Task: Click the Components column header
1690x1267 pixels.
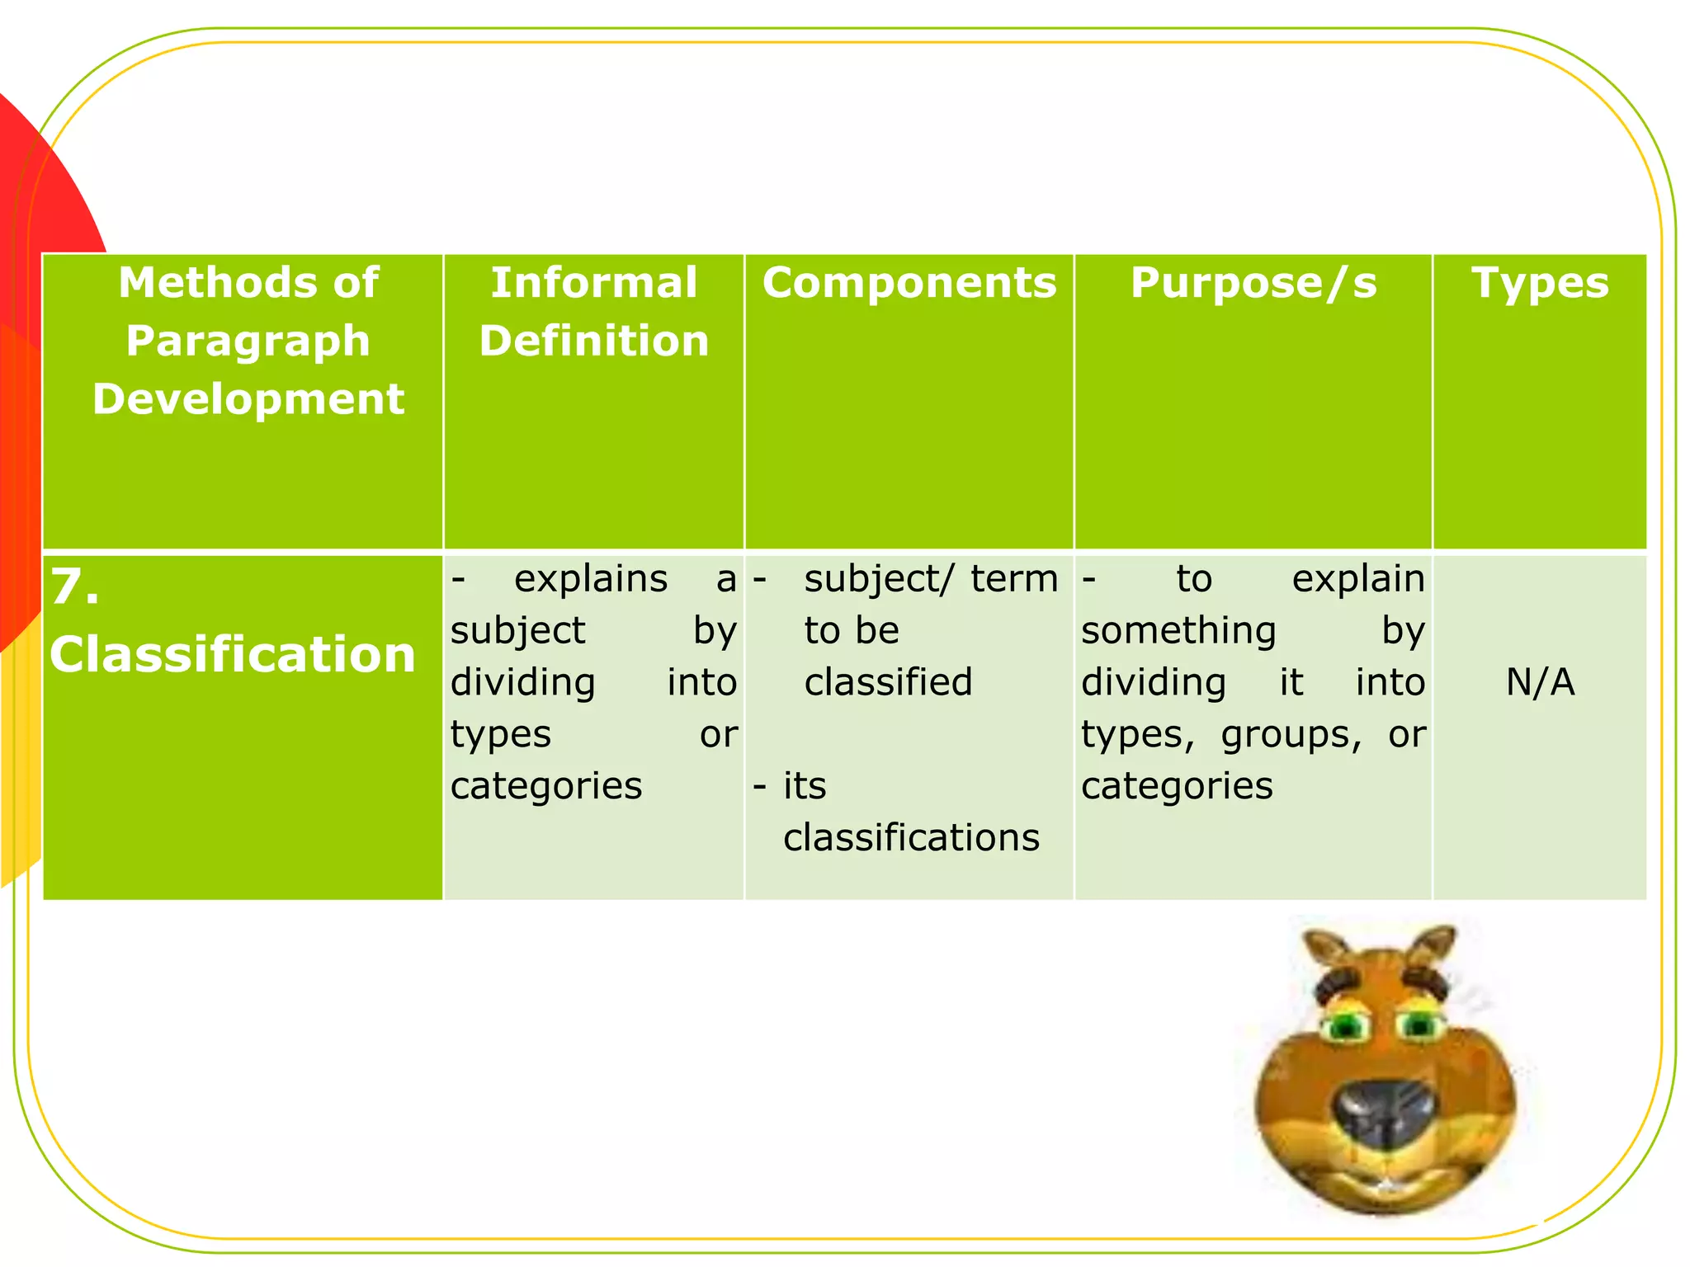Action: click(x=909, y=283)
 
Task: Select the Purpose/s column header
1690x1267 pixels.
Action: click(x=1253, y=283)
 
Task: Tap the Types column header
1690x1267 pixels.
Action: click(x=1540, y=283)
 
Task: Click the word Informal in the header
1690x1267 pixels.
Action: click(x=593, y=283)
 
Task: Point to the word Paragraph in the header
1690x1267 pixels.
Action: click(x=248, y=341)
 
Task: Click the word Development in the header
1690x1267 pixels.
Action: click(x=248, y=399)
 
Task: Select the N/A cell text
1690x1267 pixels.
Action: click(x=1540, y=682)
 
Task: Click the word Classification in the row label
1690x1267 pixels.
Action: click(x=233, y=654)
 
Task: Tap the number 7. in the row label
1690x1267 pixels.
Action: click(x=75, y=587)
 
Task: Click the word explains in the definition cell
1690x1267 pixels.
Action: click(x=591, y=579)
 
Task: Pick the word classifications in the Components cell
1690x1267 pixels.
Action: click(x=911, y=837)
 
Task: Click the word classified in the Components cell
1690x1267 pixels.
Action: click(x=888, y=682)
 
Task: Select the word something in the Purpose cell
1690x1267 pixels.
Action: click(x=1178, y=631)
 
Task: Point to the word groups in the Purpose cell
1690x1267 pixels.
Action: click(x=1291, y=734)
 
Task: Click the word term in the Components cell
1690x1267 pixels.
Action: click(x=1014, y=579)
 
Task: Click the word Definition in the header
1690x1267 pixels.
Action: click(x=593, y=341)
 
